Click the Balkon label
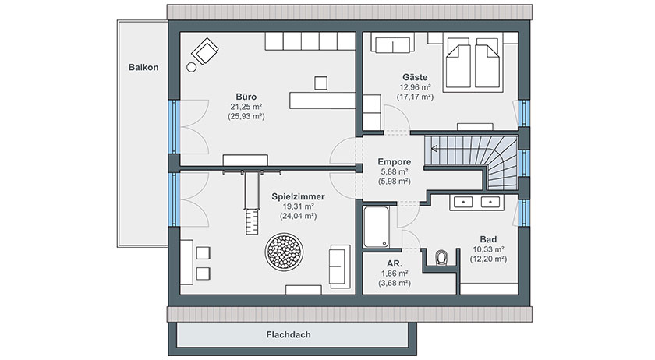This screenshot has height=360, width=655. [143, 67]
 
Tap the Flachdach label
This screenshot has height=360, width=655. [289, 334]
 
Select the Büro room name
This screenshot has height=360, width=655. [246, 97]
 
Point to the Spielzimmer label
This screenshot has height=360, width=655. [298, 196]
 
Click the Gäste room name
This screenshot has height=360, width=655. [415, 77]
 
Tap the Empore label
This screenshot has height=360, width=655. [394, 161]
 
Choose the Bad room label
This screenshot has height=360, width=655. [488, 239]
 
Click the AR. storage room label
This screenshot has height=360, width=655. [395, 263]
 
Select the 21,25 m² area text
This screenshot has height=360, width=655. [246, 107]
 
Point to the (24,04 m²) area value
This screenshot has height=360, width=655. [298, 216]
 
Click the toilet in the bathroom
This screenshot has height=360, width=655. [441, 258]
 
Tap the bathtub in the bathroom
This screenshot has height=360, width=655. [376, 227]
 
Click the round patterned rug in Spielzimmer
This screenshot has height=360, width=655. [284, 252]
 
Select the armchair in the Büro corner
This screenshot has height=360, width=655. [204, 51]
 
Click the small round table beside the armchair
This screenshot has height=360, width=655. [191, 67]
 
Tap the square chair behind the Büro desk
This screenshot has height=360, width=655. [320, 83]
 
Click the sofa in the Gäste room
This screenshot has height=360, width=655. [392, 44]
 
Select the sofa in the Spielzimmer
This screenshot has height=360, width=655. [339, 266]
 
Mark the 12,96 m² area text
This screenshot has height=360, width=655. [415, 87]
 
